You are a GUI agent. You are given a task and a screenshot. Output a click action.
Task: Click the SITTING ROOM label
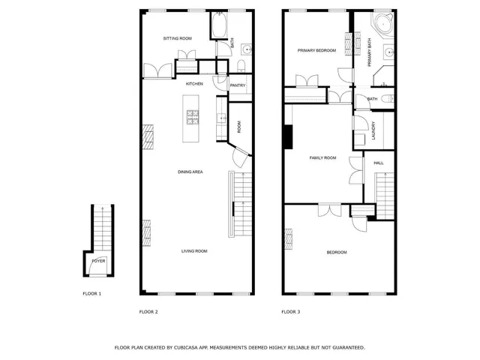pos(178,37)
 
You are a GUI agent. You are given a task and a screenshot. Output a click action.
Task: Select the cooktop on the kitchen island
pos(193,116)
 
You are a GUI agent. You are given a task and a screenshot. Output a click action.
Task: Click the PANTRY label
pos(238,85)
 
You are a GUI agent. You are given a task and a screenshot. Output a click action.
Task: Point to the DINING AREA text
pos(190,172)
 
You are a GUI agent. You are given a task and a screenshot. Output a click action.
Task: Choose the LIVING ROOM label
pos(194,250)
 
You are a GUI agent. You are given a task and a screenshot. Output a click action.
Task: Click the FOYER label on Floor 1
pos(99,261)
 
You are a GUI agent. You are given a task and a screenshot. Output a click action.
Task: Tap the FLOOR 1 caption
pos(91,293)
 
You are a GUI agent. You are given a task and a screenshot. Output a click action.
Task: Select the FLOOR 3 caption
pos(290,311)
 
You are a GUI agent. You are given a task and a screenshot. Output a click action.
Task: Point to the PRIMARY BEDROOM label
pos(316,51)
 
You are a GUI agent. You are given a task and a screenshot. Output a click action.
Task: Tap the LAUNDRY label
pos(373,132)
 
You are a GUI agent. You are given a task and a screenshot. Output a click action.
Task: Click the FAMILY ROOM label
pos(323,158)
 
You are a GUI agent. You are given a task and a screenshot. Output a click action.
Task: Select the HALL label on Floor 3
pos(379,163)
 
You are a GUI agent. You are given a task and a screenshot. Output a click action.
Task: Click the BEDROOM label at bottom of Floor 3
pos(337,252)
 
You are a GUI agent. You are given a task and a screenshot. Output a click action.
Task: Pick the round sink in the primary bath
pos(389,52)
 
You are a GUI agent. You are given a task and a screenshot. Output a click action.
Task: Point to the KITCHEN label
pos(195,83)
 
